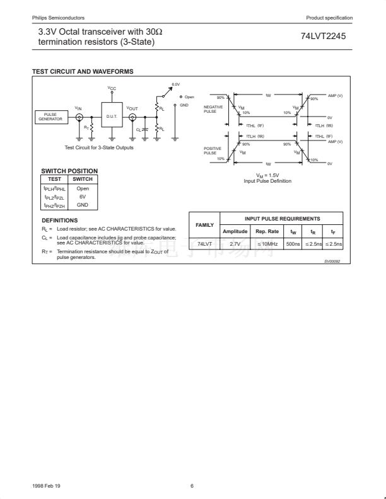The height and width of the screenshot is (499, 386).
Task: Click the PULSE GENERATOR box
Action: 50,117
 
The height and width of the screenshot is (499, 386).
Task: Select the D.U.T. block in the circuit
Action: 112,116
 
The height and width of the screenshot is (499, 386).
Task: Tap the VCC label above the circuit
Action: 112,88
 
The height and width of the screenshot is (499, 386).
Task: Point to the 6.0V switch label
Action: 176,84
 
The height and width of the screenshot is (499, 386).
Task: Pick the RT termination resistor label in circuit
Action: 86,127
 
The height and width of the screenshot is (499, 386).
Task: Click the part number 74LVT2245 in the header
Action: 323,36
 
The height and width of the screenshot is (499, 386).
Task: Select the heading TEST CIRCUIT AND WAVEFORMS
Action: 83,71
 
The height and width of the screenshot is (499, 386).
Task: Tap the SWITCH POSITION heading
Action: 69,171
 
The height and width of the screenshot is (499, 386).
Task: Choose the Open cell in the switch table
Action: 83,188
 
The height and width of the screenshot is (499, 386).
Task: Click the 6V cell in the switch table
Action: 83,196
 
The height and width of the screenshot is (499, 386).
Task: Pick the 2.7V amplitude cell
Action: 235,243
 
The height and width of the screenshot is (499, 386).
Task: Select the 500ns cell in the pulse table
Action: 293,243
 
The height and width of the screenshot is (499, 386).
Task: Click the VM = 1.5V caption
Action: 267,175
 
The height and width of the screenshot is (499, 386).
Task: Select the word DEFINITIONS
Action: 59,220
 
